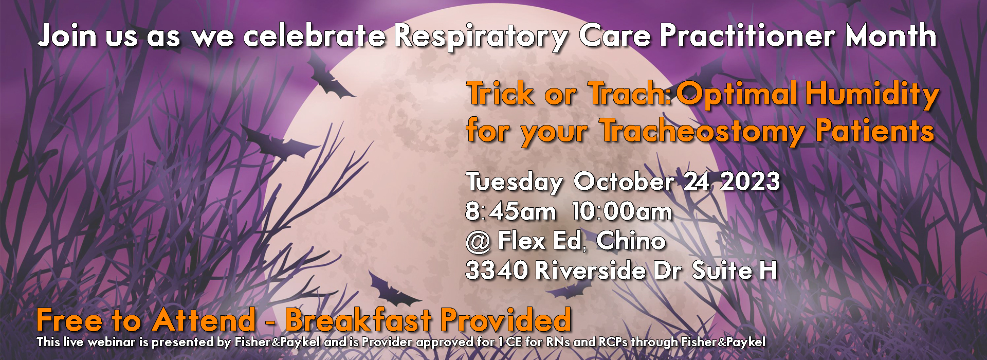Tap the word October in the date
tap(624, 181)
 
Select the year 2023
tap(750, 181)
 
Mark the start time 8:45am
tap(511, 211)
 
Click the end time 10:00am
tap(623, 211)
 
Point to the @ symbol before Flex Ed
tap(478, 242)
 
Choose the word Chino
tap(631, 241)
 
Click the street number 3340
tap(496, 271)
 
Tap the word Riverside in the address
tap(590, 271)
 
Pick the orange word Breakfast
tap(358, 320)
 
